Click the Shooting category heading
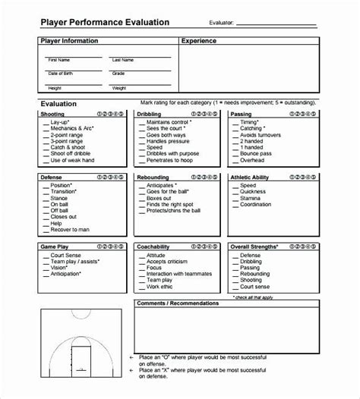tap(52, 114)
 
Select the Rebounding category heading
tap(153, 177)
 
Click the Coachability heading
tap(154, 247)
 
